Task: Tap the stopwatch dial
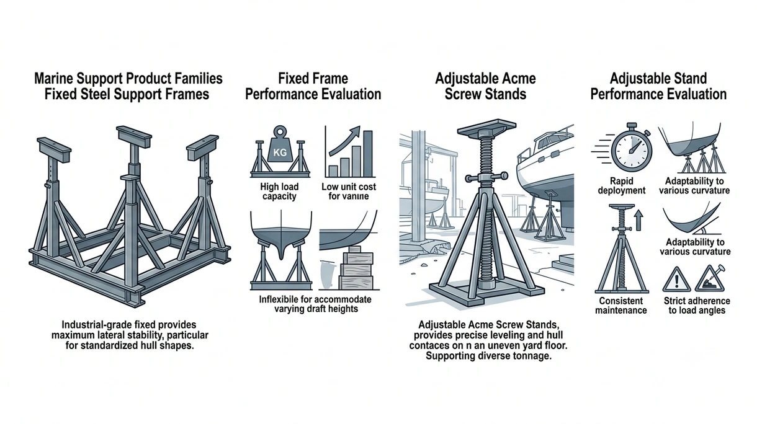pyautogui.click(x=632, y=151)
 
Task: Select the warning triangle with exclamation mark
pyautogui.click(x=676, y=280)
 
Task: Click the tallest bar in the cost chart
pyautogui.click(x=368, y=153)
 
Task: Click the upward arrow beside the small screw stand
pyautogui.click(x=638, y=220)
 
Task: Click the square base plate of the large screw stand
pyautogui.click(x=486, y=291)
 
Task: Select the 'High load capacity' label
pyautogui.click(x=279, y=192)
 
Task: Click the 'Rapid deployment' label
pyautogui.click(x=622, y=186)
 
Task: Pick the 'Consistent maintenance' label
pyautogui.click(x=621, y=306)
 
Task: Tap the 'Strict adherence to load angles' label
pyautogui.click(x=697, y=306)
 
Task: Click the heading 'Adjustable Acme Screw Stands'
pyautogui.click(x=485, y=86)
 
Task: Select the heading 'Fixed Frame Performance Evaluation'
pyautogui.click(x=313, y=86)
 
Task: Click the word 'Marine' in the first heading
pyautogui.click(x=54, y=79)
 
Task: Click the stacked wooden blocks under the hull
pyautogui.click(x=357, y=268)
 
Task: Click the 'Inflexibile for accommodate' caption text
pyautogui.click(x=315, y=299)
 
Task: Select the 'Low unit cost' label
pyautogui.click(x=349, y=187)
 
